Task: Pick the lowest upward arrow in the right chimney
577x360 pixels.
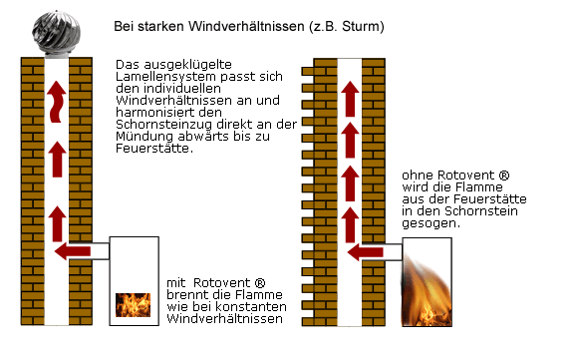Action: click(x=349, y=217)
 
